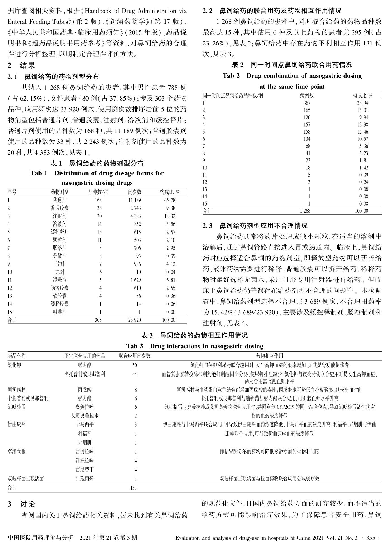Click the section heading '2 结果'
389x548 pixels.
[21, 66]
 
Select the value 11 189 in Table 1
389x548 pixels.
[134, 200]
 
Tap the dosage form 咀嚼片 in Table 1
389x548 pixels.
[59, 312]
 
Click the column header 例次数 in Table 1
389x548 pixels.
[134, 192]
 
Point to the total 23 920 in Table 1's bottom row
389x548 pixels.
[134, 320]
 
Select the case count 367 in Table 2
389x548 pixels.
[307, 103]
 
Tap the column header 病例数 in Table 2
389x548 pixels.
[307, 96]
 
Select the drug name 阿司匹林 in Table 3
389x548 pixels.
[16, 390]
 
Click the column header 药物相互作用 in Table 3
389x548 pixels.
[269, 356]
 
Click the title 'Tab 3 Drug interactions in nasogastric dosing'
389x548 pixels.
[194, 346]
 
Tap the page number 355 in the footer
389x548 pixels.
[371, 538]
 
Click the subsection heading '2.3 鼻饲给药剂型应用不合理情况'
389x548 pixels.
[255, 226]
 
